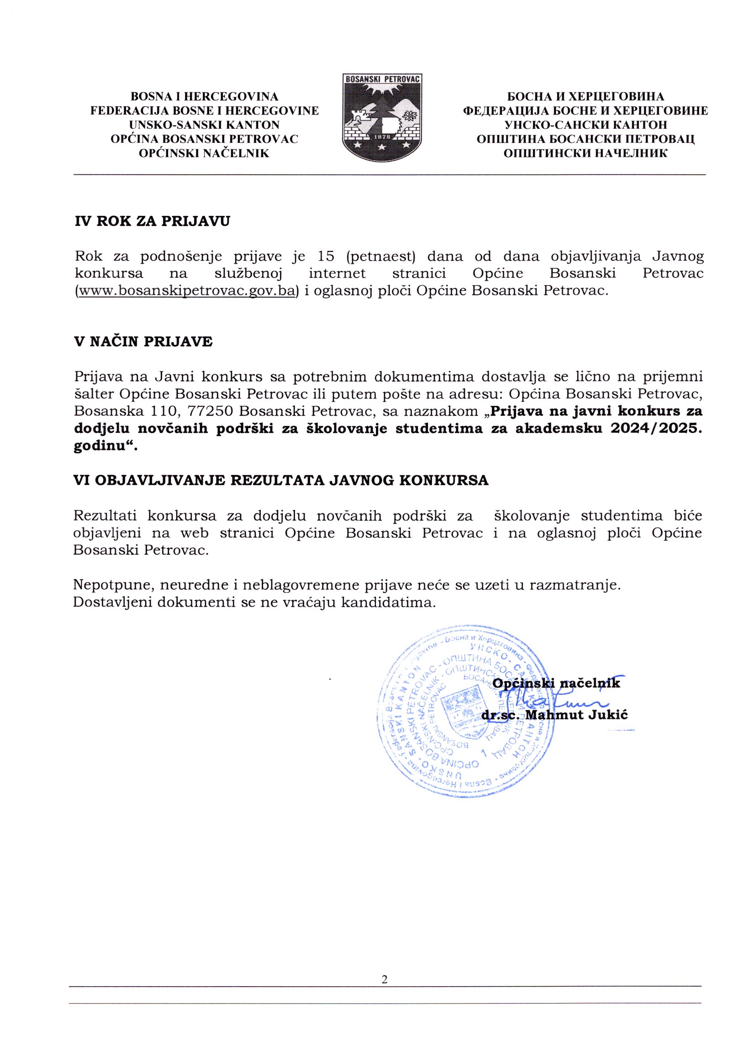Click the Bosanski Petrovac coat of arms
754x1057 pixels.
(382, 117)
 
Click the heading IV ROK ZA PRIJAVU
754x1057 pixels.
(152, 221)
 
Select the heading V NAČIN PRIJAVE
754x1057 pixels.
(143, 342)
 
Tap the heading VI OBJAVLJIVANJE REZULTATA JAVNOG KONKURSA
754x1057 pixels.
(281, 480)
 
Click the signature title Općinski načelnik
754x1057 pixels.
(556, 684)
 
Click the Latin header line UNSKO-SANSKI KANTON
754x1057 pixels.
(204, 125)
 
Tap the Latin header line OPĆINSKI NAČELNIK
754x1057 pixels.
(204, 153)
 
